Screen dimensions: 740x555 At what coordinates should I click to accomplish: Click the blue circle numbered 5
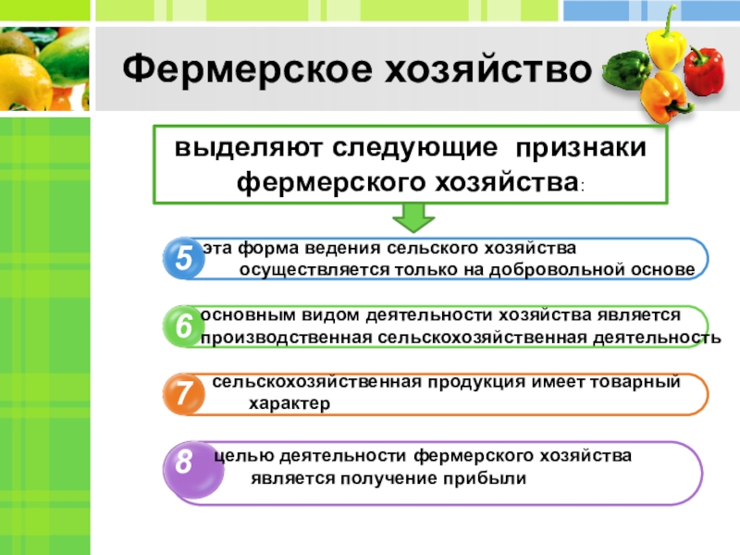(x=183, y=258)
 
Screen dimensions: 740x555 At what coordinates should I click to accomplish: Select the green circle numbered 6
(x=183, y=327)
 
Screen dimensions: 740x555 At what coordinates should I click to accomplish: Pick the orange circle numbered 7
(x=183, y=394)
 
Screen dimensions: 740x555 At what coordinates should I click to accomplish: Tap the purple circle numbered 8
(x=192, y=469)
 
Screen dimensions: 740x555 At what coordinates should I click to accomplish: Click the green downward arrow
(x=413, y=217)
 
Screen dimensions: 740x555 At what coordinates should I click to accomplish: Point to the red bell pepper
(x=703, y=71)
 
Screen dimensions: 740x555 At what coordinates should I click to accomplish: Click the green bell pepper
(x=626, y=71)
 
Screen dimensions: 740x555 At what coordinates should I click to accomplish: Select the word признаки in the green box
(x=581, y=148)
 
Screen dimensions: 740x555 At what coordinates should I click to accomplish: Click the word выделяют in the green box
(x=248, y=147)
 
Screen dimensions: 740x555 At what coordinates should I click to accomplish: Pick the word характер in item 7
(x=290, y=404)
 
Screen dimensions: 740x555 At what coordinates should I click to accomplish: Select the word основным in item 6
(x=248, y=314)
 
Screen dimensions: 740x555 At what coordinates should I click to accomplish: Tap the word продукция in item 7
(x=476, y=382)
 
